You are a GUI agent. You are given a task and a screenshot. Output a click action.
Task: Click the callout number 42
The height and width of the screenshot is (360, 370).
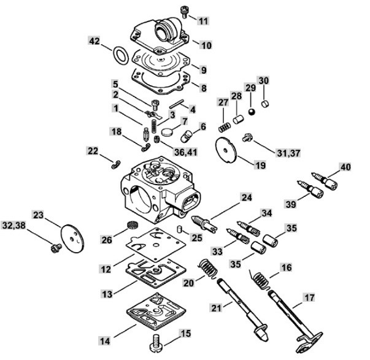(94, 41)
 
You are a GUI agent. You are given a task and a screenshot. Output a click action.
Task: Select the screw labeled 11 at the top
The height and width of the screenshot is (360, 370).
(184, 12)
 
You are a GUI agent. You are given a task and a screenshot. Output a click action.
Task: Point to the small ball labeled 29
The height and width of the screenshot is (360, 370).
(252, 112)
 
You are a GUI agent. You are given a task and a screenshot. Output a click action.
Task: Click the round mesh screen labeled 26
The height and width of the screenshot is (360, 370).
(131, 224)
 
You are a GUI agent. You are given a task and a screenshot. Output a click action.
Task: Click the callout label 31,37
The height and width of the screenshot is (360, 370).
(288, 153)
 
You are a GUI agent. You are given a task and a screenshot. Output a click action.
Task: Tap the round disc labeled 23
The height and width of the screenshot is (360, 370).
(72, 239)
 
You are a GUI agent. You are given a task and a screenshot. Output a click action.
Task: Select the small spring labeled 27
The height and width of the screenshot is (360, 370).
(225, 128)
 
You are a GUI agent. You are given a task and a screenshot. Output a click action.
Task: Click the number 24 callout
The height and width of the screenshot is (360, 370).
(246, 197)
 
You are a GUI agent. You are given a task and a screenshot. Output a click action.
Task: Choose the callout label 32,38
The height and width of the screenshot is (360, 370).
(13, 226)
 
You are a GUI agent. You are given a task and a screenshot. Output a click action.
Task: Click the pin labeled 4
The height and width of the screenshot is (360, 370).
(177, 104)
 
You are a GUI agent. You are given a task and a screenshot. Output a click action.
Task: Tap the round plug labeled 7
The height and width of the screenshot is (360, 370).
(168, 132)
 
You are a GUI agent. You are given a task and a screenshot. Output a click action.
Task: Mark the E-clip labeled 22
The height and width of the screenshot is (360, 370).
(116, 164)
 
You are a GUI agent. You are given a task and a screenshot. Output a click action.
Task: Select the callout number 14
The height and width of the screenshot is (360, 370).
(105, 341)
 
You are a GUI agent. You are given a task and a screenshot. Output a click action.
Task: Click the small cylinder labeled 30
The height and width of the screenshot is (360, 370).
(266, 103)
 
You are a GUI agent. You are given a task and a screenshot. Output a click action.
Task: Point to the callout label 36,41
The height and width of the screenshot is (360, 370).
(186, 152)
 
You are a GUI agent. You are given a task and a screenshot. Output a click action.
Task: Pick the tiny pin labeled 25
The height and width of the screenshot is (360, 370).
(179, 229)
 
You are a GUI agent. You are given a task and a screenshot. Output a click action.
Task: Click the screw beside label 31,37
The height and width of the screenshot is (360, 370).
(247, 137)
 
